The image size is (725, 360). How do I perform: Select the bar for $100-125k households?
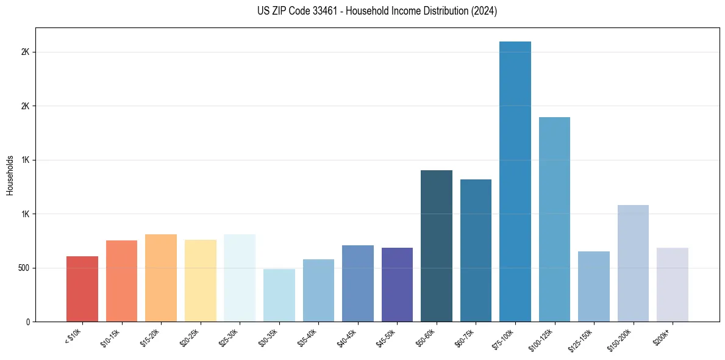tap(554, 219)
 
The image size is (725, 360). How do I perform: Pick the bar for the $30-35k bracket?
tap(279, 295)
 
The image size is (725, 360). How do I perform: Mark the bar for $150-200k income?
tap(633, 263)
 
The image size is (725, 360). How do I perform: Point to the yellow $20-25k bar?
tap(201, 281)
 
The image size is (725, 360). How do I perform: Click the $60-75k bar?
tap(476, 250)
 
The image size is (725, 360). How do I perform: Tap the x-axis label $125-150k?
tap(582, 337)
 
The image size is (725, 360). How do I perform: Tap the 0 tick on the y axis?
tap(27, 322)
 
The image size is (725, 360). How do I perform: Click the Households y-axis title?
tap(10, 175)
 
